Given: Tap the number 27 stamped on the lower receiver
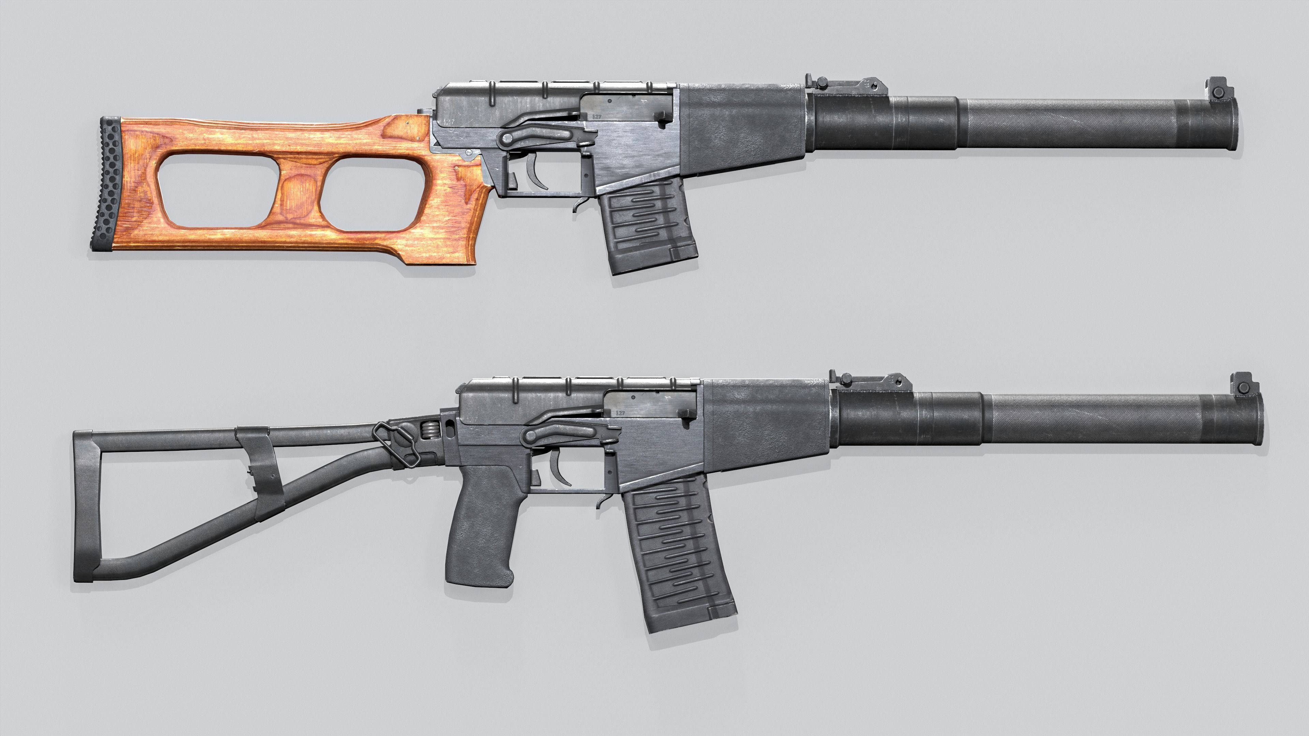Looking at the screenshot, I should coord(620,413).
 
